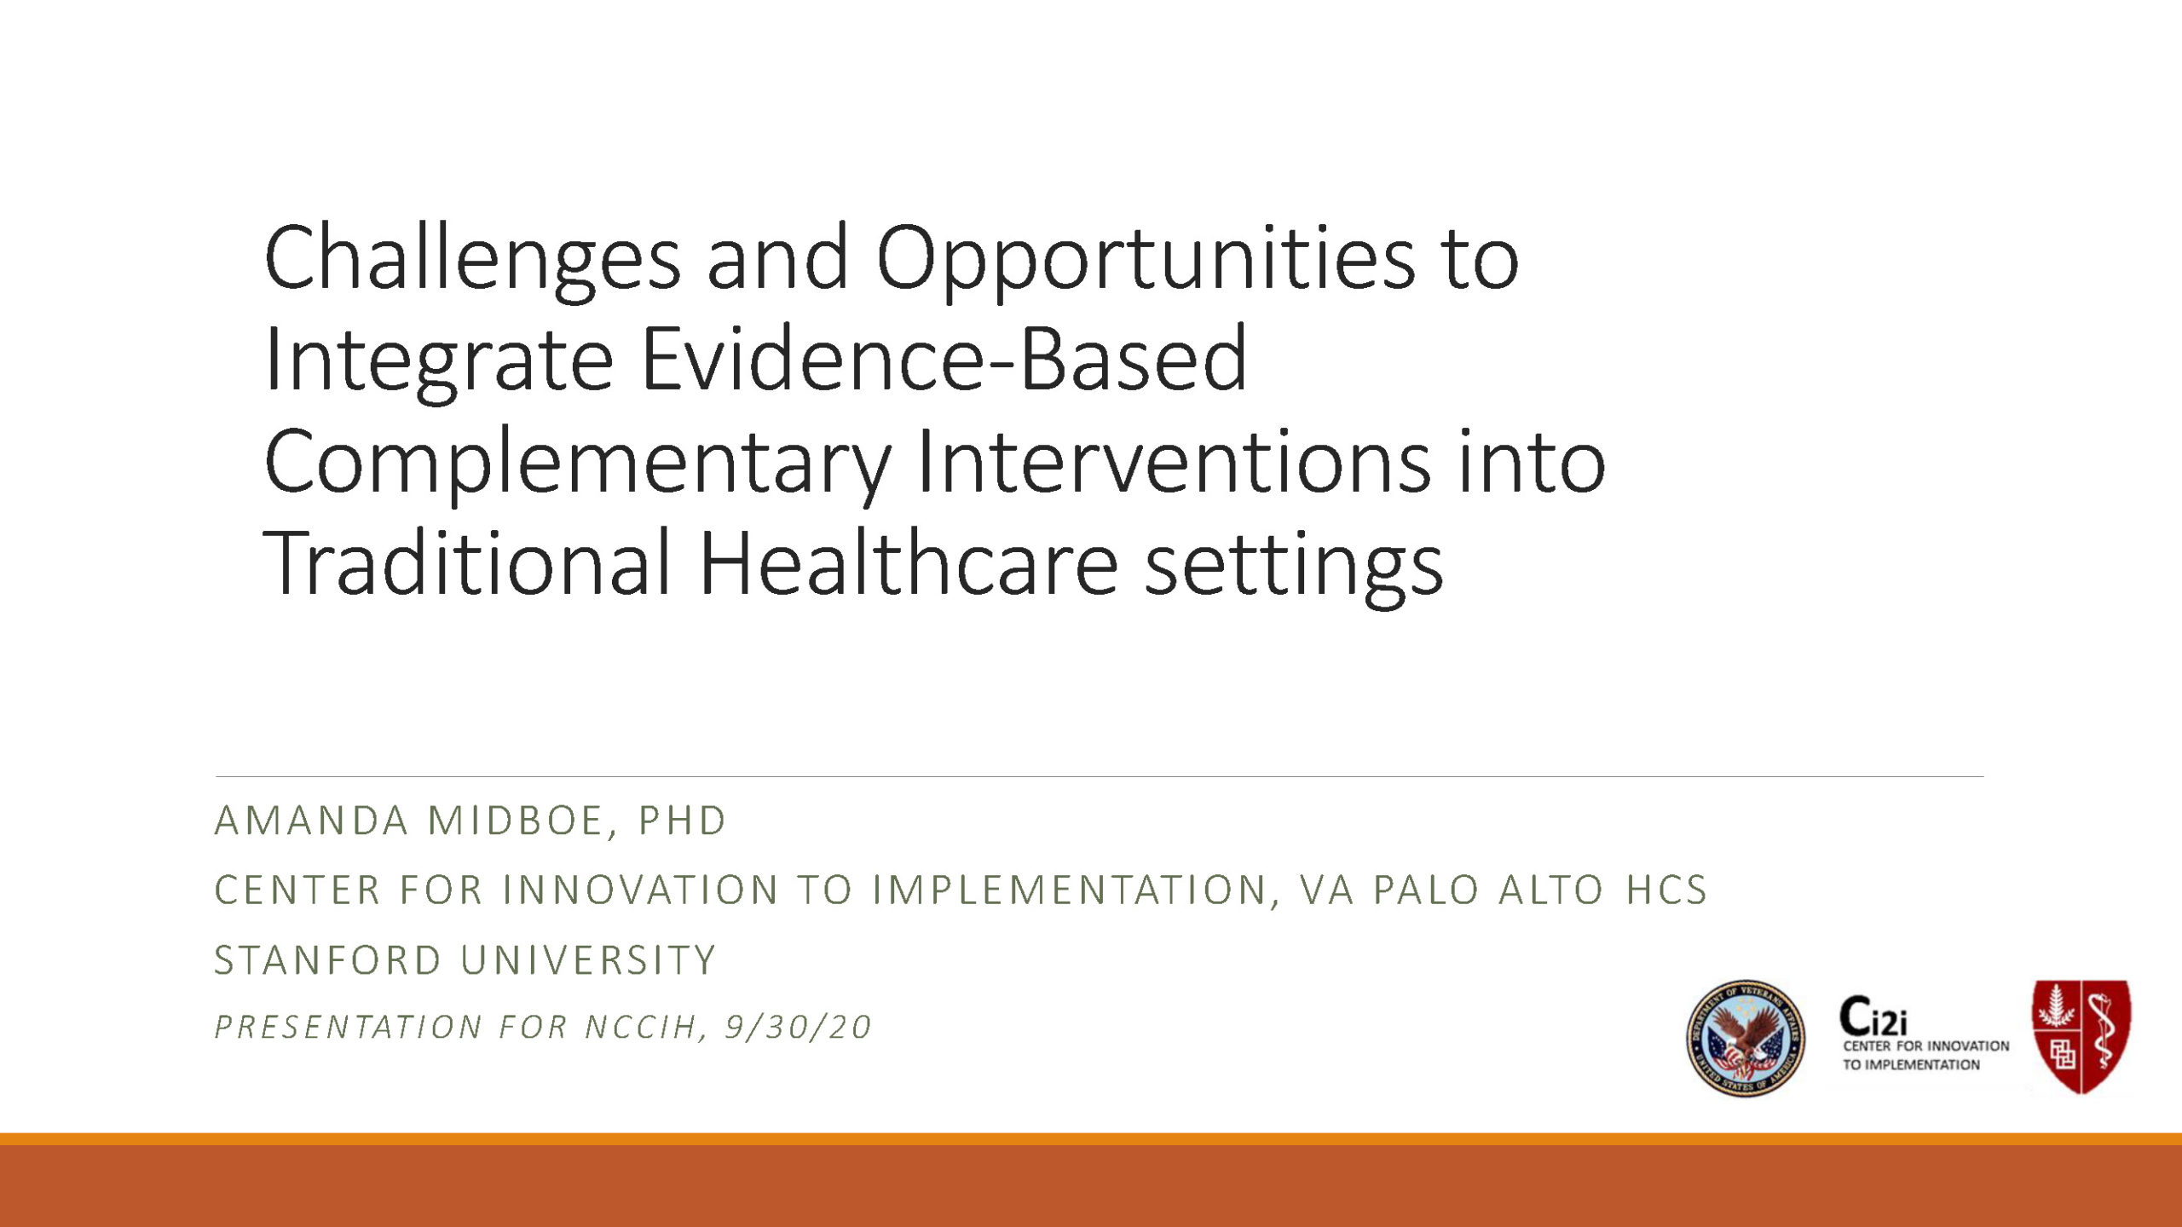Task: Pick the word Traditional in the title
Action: coord(467,562)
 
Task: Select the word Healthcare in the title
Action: coord(909,562)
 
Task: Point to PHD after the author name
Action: coord(682,821)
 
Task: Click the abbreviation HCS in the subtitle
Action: coord(1665,890)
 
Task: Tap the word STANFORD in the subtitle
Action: coord(327,960)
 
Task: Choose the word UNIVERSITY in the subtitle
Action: coord(588,960)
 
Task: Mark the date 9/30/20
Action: coord(798,1028)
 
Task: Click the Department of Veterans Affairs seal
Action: coord(1746,1038)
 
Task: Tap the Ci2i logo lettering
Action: coord(1873,1016)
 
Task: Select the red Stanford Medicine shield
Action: coord(2081,1036)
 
